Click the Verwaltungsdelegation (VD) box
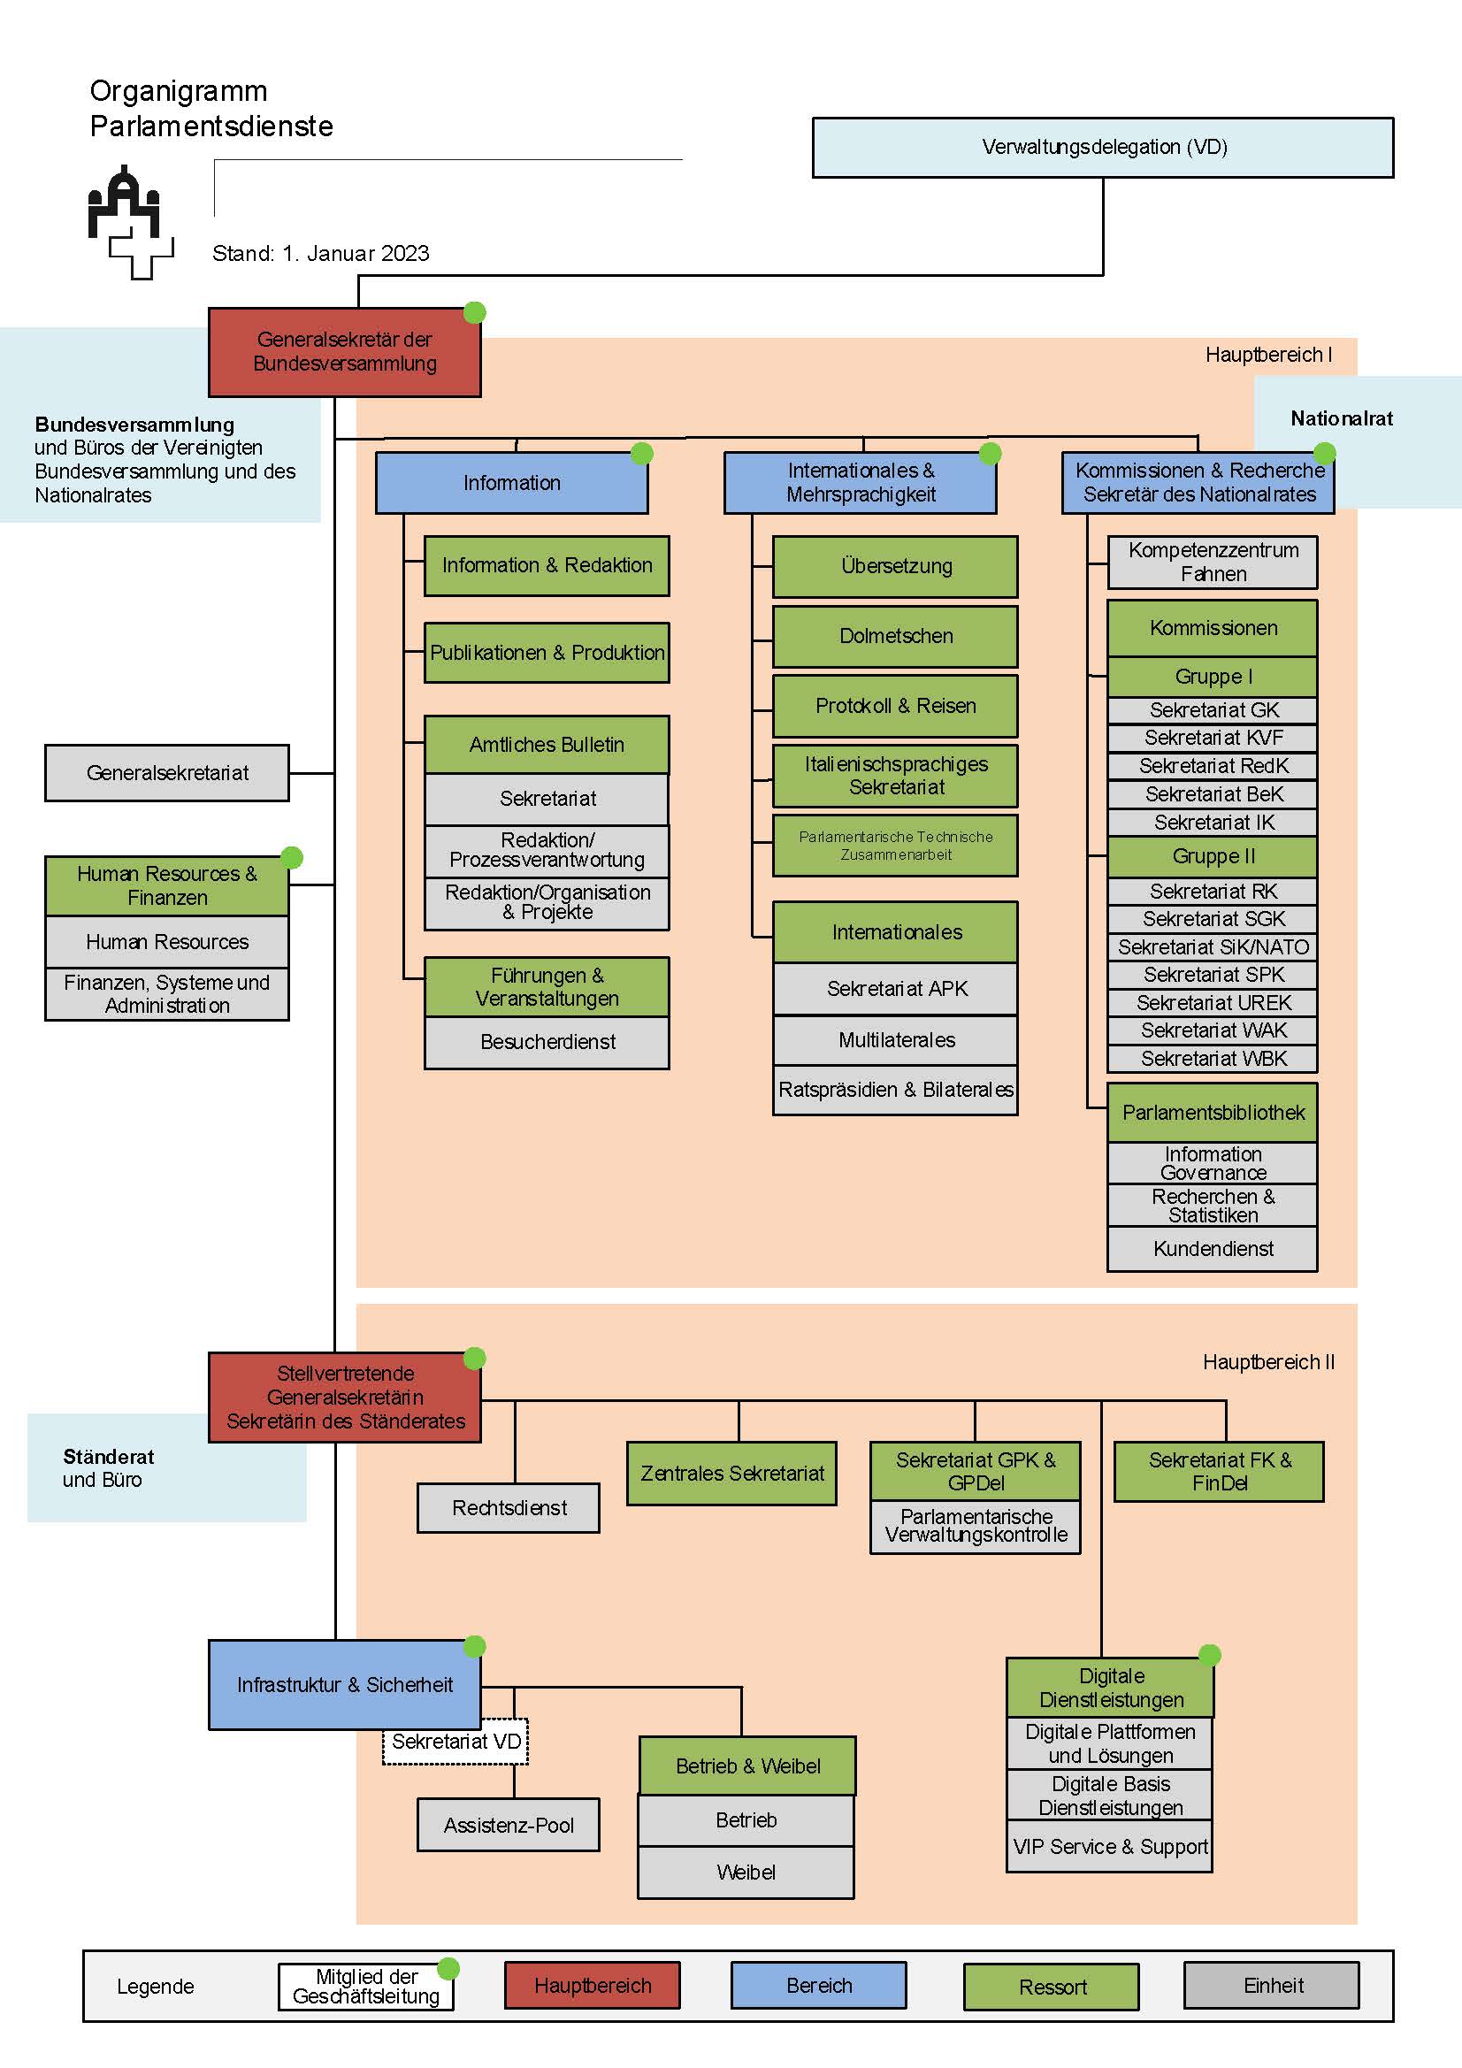[1103, 147]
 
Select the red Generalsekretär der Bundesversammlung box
[345, 352]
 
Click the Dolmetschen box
[895, 636]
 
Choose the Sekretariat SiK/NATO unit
[1213, 946]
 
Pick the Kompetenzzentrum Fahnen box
[1213, 562]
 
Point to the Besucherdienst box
[547, 1042]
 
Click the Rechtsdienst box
[509, 1508]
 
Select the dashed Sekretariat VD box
[455, 1742]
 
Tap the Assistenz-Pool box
[509, 1825]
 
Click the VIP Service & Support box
[1110, 1847]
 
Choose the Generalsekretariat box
[167, 773]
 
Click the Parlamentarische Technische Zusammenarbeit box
[895, 846]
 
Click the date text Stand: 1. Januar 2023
[321, 253]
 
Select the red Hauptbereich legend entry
[593, 1985]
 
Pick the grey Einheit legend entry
[1272, 1985]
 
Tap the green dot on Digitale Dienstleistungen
[1210, 1655]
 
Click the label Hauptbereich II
[1268, 1362]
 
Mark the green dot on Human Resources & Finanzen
[292, 857]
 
